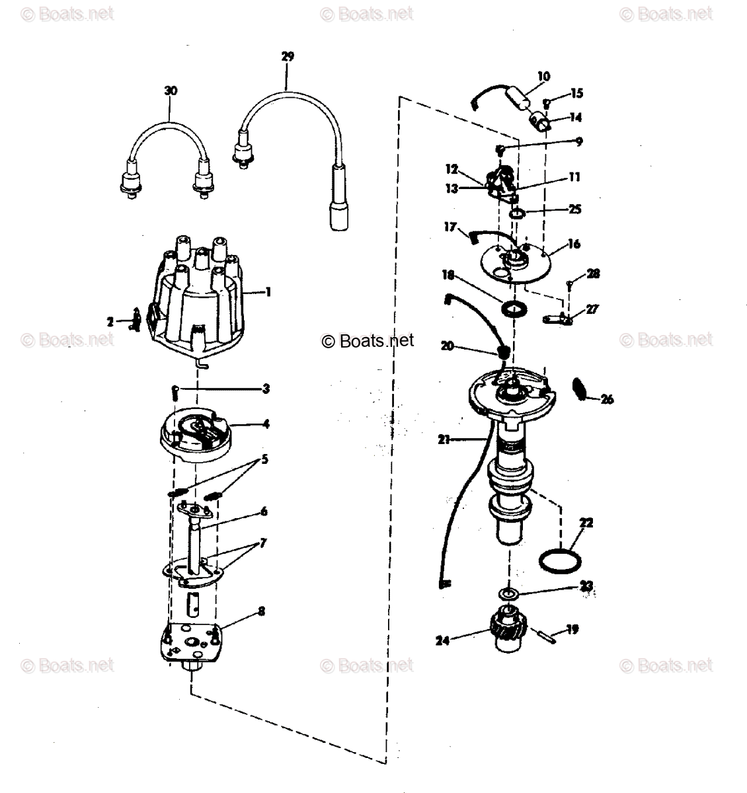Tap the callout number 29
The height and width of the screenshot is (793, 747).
288,57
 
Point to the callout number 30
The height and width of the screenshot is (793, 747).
171,91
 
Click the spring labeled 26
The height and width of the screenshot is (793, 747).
580,388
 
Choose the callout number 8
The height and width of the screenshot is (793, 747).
262,611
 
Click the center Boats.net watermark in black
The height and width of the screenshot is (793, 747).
368,340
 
